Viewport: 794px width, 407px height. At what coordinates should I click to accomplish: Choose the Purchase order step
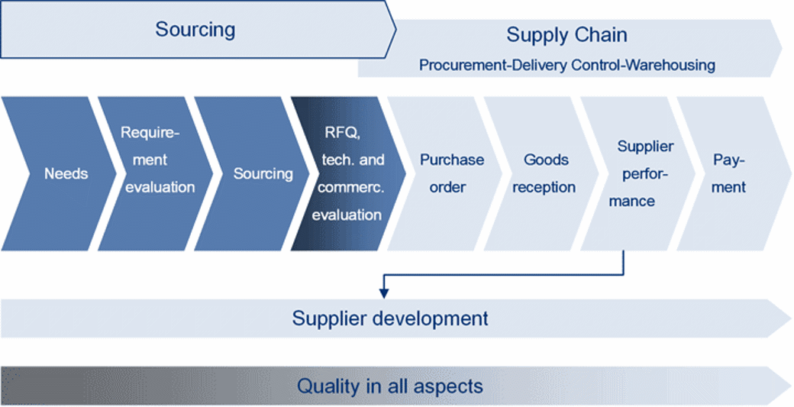click(446, 173)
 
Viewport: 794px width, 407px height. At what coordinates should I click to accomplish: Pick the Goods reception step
click(542, 173)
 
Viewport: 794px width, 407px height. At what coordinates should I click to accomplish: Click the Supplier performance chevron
click(639, 173)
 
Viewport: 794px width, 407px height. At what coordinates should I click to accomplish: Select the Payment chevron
click(734, 173)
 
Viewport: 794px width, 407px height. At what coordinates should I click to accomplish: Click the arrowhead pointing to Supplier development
click(384, 294)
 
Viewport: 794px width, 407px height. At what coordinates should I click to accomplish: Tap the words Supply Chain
click(566, 35)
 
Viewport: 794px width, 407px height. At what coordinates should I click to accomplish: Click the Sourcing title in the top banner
click(195, 29)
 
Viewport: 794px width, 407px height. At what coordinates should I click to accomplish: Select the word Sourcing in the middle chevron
click(263, 173)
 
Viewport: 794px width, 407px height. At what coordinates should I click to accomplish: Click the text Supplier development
click(390, 318)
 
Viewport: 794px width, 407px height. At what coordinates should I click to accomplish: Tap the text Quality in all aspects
click(390, 386)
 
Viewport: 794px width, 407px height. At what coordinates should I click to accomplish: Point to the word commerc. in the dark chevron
click(351, 188)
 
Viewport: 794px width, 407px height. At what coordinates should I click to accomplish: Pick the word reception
click(544, 188)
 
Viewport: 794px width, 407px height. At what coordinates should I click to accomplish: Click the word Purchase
click(452, 160)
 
